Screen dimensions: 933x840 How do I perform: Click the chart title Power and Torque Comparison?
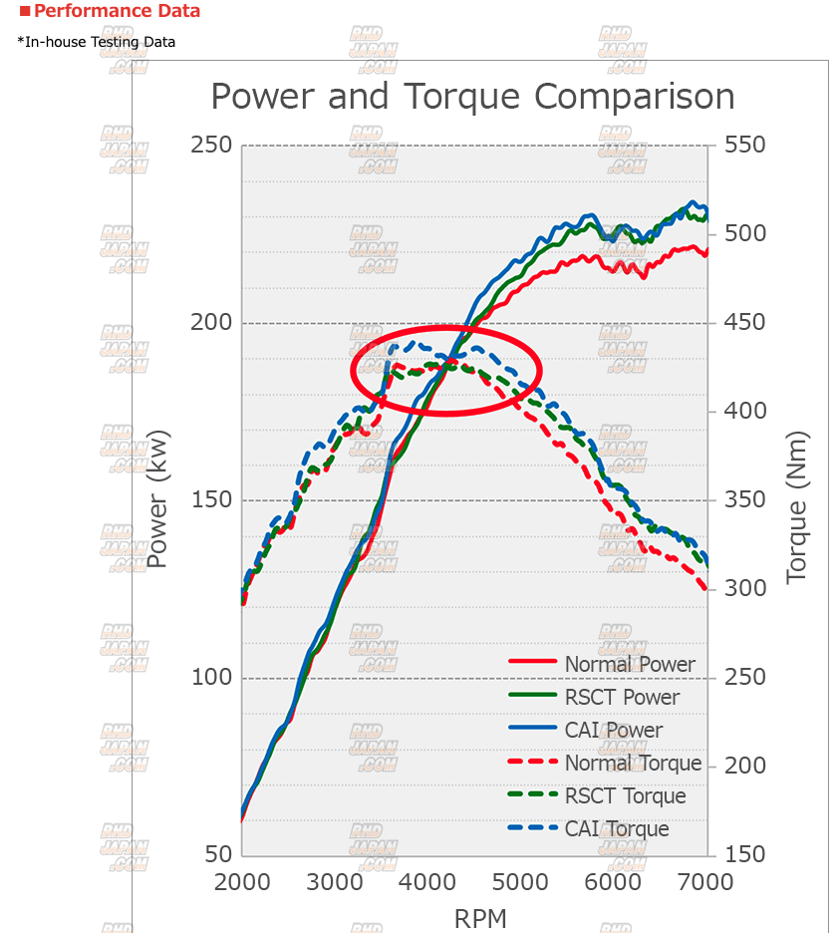point(472,98)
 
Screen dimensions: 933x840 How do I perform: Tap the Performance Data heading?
point(117,12)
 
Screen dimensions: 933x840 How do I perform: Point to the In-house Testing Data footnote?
point(97,42)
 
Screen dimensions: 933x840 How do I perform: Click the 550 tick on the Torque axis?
point(745,146)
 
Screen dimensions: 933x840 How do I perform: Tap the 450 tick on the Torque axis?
point(745,323)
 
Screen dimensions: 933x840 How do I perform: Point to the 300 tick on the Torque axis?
point(745,589)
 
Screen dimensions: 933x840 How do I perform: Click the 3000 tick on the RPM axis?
point(335,882)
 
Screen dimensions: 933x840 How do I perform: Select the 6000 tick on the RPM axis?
point(614,882)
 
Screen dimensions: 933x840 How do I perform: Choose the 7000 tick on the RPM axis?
point(706,882)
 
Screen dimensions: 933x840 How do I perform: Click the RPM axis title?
point(480,917)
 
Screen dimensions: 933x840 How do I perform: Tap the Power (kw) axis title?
point(158,498)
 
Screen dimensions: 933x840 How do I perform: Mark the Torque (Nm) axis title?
point(797,508)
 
